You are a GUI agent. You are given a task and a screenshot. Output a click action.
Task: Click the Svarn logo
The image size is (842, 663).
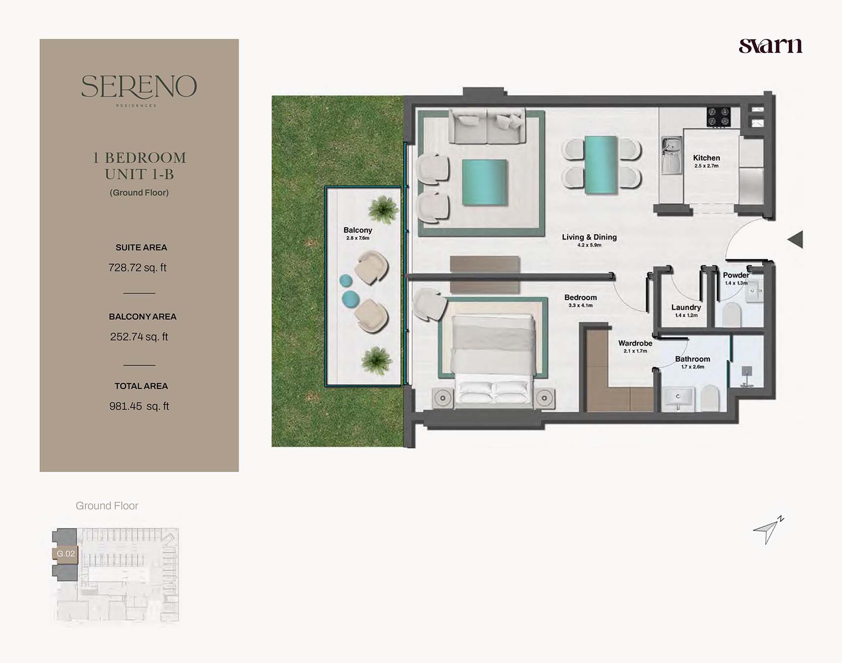[x=770, y=46]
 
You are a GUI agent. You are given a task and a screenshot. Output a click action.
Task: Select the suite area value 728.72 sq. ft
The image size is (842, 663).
[x=138, y=268]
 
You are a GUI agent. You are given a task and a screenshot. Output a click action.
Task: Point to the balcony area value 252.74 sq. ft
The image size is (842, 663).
[x=139, y=337]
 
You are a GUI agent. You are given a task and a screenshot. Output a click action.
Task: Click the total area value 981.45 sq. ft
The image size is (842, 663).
[x=139, y=406]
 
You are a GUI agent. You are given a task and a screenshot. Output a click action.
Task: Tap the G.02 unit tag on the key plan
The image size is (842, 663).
[x=65, y=553]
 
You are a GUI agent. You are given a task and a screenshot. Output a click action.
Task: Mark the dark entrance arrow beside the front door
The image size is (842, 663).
[x=795, y=239]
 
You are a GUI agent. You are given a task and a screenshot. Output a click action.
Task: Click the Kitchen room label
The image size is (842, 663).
[x=706, y=158]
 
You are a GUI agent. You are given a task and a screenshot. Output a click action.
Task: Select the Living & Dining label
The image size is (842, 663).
[x=589, y=237]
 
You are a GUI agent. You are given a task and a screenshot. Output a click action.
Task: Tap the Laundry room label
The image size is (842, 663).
[x=686, y=307]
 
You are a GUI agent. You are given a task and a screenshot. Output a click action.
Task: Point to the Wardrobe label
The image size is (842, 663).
[x=635, y=343]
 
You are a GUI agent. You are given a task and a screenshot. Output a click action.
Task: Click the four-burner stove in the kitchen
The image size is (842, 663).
[x=719, y=116]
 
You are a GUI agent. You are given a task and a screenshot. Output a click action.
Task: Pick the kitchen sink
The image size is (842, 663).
[x=672, y=156]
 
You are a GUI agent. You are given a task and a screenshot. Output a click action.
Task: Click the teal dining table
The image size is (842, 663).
[x=601, y=165]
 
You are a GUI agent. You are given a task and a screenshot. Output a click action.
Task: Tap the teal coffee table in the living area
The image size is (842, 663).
[x=485, y=182]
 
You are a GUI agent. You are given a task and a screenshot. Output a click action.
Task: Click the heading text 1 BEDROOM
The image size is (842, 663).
[x=140, y=158]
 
